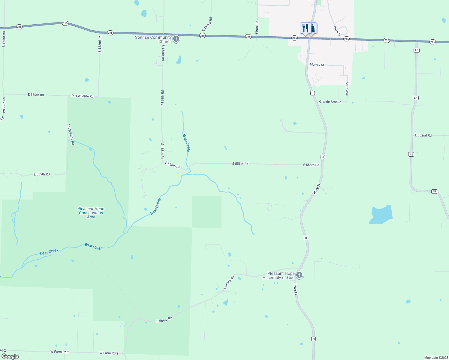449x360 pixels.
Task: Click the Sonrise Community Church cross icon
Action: click(176, 39)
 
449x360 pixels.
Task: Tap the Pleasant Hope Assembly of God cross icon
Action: click(299, 275)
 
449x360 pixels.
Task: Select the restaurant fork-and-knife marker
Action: click(305, 28)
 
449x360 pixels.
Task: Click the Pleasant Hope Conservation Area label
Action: click(91, 213)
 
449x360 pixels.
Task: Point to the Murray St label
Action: click(317, 65)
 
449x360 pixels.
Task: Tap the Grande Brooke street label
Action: click(330, 102)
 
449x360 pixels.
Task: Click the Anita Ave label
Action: click(347, 89)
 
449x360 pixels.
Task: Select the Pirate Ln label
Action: click(257, 27)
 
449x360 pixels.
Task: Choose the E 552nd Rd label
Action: click(423, 135)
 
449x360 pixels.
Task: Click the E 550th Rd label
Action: click(36, 95)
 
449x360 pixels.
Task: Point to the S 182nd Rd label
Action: click(100, 44)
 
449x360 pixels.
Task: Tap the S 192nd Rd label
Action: click(207, 24)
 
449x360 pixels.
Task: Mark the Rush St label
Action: click(337, 31)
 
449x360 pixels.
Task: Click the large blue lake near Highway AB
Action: click(381, 215)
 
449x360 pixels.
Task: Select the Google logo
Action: click(10, 356)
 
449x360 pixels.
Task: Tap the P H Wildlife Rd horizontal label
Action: click(83, 96)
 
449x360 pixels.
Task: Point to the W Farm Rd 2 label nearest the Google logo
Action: click(60, 352)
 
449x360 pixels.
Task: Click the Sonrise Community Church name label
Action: click(153, 39)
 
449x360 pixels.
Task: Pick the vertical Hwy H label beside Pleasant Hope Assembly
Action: click(295, 289)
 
